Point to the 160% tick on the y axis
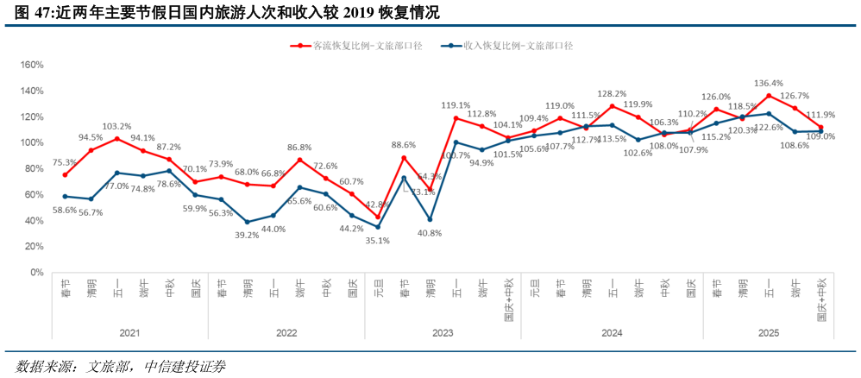pos(31,65)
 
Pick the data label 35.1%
pos(378,241)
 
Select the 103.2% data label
pos(117,126)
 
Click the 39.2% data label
pos(247,235)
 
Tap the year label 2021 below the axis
pos(129,332)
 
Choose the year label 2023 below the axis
pos(443,332)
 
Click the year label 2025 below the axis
pos(769,332)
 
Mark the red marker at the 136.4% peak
pos(769,96)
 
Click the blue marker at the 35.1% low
pos(378,227)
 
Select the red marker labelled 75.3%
pos(65,175)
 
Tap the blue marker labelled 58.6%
pos(65,197)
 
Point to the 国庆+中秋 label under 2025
pos(821,299)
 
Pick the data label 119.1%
pos(456,105)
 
